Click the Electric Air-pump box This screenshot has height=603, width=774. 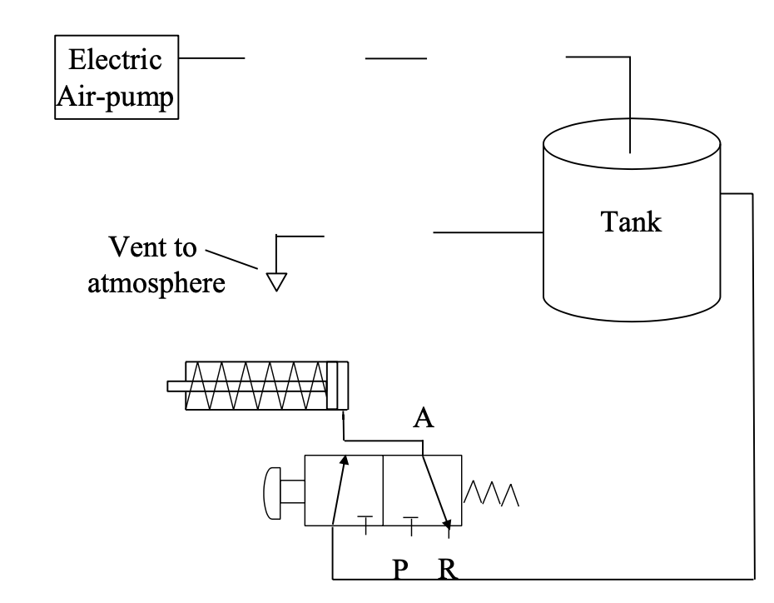pyautogui.click(x=117, y=78)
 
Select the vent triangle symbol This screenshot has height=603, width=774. pyautogui.click(x=275, y=280)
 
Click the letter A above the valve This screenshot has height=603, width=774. pyautogui.click(x=424, y=418)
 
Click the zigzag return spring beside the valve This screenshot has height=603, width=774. pyautogui.click(x=493, y=493)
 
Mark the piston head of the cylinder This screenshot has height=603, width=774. pyautogui.click(x=335, y=386)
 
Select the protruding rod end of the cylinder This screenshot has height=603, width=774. pyautogui.click(x=176, y=386)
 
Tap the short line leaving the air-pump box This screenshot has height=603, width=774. pyautogui.click(x=211, y=58)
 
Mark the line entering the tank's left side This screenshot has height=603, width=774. pyautogui.click(x=488, y=232)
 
